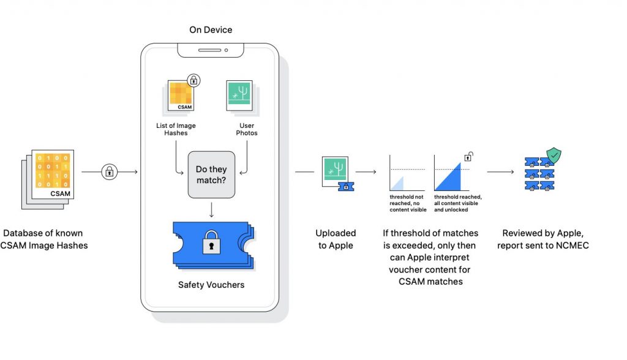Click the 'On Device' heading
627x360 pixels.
click(x=211, y=29)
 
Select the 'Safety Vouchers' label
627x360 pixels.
click(x=211, y=285)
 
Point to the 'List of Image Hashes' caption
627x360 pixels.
click(x=176, y=129)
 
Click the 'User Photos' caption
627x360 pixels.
click(x=246, y=129)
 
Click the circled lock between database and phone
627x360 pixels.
click(x=110, y=172)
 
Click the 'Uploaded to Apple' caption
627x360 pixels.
click(x=336, y=239)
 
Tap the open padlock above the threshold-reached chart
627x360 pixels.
click(x=469, y=157)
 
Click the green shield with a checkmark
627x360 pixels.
click(x=554, y=156)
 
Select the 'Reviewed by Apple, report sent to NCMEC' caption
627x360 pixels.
click(x=541, y=239)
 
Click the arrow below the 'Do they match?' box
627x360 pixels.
click(x=211, y=210)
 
